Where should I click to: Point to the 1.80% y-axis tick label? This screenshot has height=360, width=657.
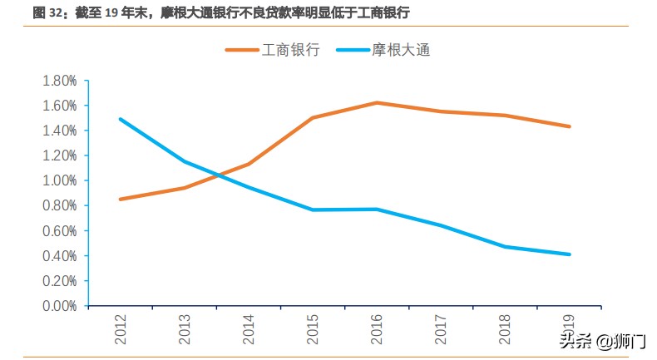pos(59,81)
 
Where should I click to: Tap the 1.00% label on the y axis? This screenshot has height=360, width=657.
pos(59,180)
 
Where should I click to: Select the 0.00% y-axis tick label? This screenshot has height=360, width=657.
pos(59,305)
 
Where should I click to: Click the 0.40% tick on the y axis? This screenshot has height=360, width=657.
pos(59,255)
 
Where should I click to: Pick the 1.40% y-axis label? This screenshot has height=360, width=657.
pos(59,131)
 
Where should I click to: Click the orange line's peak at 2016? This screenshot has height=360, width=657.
pos(377,103)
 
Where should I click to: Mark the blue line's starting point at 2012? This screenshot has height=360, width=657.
pos(121,119)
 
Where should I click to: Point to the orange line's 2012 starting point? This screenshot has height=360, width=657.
pos(121,200)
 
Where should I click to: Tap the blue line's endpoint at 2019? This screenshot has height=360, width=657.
pos(569,254)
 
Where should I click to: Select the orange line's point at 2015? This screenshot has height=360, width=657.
pos(313,118)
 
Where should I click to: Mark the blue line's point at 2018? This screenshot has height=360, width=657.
pos(505,247)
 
